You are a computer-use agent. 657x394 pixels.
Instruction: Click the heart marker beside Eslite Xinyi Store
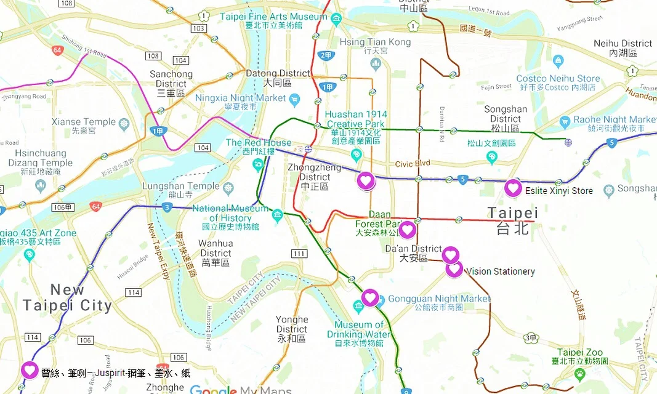coord(513,188)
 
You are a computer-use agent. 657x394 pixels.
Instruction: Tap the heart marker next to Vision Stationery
coord(454,269)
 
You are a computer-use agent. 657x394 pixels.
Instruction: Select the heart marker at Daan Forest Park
coord(406,230)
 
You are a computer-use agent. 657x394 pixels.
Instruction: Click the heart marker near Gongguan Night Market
coord(369,297)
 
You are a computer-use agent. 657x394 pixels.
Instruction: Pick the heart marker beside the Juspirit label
coord(30,370)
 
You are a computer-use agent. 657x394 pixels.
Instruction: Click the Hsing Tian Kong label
coord(375,42)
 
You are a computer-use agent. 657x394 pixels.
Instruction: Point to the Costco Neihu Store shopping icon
coord(558,62)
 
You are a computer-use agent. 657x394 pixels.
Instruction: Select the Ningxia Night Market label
coord(240,98)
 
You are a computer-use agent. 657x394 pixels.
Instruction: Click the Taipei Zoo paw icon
coord(579,373)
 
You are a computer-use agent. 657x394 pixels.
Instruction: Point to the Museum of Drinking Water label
coord(363,329)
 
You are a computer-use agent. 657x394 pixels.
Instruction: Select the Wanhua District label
coord(216,248)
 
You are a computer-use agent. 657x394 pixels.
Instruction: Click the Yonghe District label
coord(292,324)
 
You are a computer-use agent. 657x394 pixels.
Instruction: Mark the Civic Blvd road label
coord(413,164)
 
